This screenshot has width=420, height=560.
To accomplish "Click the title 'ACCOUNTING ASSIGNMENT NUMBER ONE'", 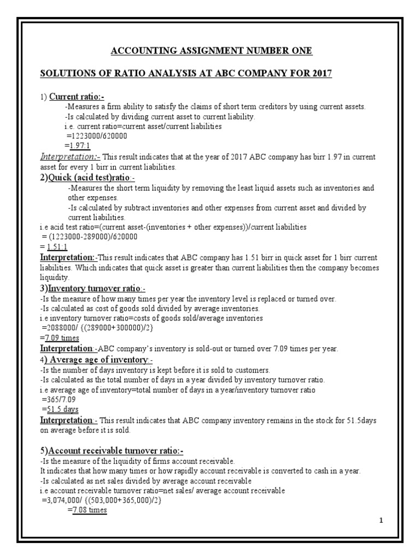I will pos(211,51).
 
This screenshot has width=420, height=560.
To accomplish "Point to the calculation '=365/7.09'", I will pos(59,399).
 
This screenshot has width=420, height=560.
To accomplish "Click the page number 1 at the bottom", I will pos(381,521).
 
